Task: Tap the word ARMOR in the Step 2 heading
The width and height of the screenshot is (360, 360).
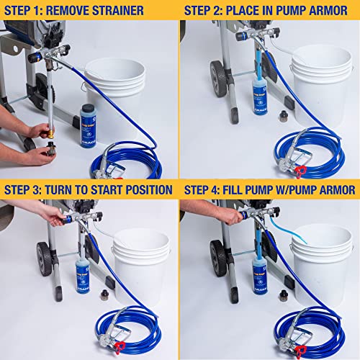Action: (x=330, y=11)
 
